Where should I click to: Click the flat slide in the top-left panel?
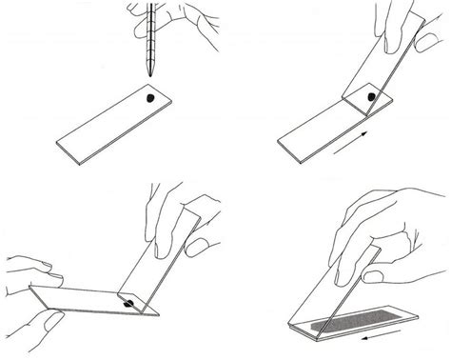point(109,125)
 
